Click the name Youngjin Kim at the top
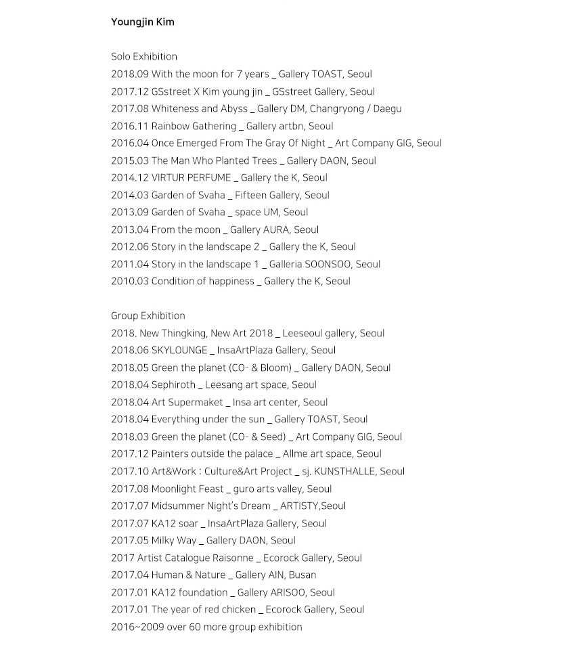pos(142,22)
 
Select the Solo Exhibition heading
pos(144,57)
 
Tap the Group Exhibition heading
pos(148,316)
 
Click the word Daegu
pos(386,109)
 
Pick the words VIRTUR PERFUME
pos(191,178)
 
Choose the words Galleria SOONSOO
pos(307,265)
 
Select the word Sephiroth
pos(173,385)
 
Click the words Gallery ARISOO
pos(271,593)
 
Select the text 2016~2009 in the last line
pos(135,627)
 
